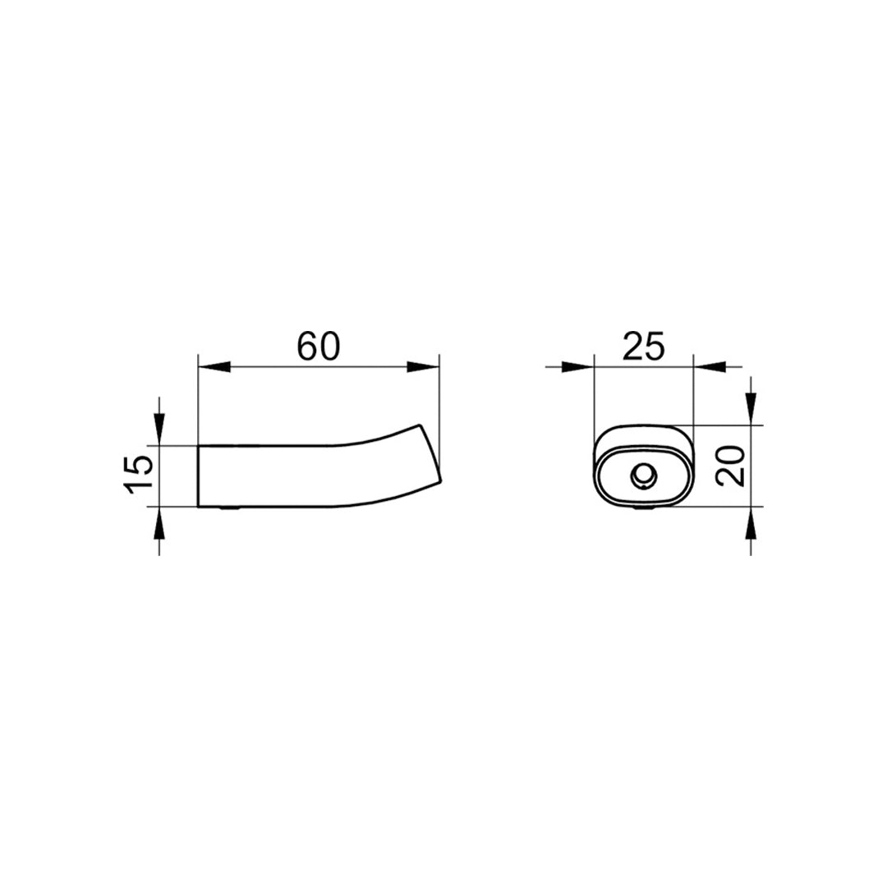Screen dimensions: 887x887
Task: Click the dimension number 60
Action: coord(319,347)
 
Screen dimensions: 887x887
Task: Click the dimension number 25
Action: coord(643,347)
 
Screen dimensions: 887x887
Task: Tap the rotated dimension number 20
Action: coord(730,466)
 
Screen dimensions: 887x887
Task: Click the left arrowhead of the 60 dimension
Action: coord(214,366)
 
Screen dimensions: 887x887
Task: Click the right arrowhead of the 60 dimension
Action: coord(423,366)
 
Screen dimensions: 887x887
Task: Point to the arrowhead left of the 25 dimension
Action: coord(577,366)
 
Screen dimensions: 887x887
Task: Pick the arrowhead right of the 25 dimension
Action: coord(710,366)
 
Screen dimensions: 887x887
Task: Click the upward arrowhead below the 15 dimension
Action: coord(159,523)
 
